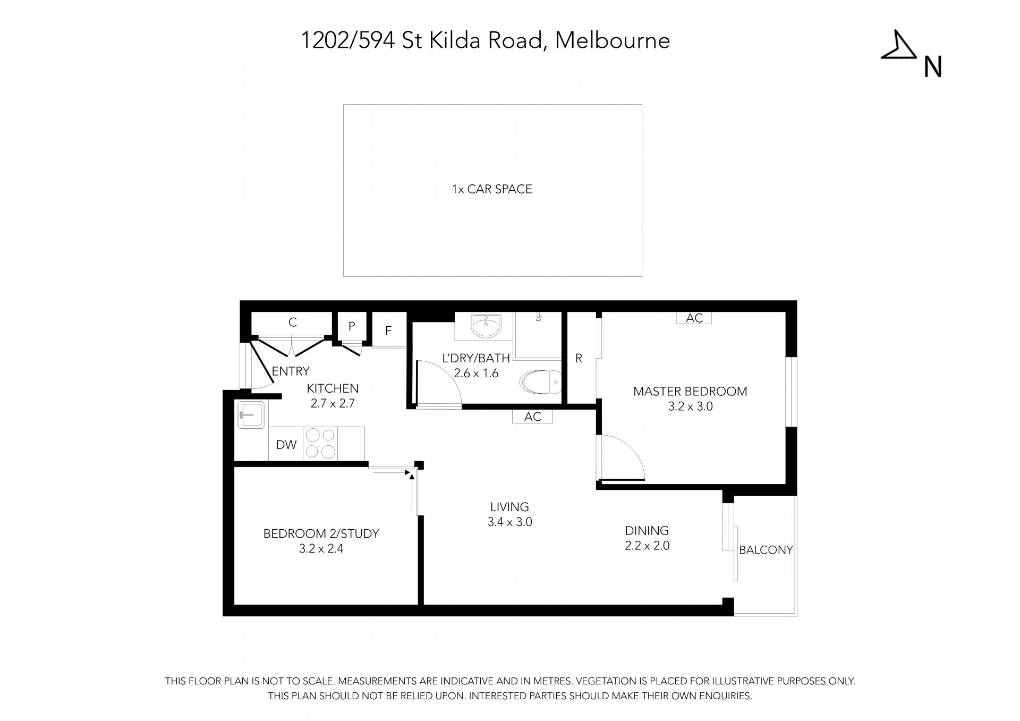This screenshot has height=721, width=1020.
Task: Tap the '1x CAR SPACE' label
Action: point(492,189)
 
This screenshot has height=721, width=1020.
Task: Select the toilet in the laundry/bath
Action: point(540,381)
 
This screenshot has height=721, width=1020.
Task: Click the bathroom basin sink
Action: point(486,326)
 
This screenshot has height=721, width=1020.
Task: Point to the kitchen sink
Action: point(251,414)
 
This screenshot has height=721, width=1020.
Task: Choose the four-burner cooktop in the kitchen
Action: point(321,444)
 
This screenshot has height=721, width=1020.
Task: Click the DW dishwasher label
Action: point(286,445)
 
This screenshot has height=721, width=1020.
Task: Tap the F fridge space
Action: point(389,330)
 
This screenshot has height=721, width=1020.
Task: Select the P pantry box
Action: point(352,326)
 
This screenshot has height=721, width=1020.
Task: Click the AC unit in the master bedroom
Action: point(694,318)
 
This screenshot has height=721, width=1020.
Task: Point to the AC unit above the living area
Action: point(532,417)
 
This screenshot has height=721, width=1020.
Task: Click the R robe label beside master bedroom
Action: point(579,359)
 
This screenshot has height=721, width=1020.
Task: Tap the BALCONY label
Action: point(766,550)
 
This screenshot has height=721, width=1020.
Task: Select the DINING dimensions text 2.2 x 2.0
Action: point(647,546)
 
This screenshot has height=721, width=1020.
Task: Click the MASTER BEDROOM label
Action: point(690,392)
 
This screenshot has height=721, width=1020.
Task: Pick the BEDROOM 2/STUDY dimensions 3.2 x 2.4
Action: point(321,549)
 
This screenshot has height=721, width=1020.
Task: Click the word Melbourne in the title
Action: point(613,40)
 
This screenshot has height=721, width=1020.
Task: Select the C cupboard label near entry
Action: point(292,322)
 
